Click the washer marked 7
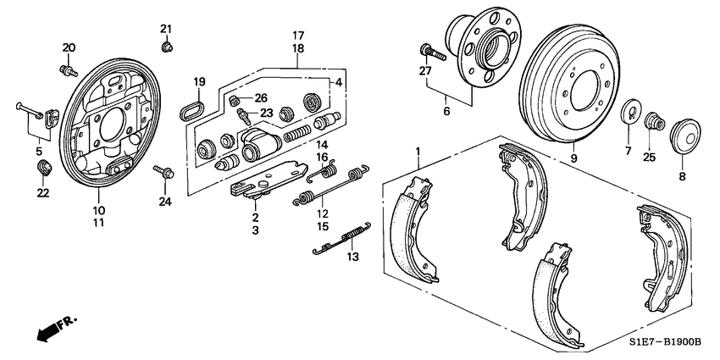[629, 114]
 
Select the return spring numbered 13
[342, 239]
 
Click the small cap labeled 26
[235, 102]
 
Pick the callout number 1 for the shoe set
[418, 152]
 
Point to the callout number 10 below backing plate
[98, 211]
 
